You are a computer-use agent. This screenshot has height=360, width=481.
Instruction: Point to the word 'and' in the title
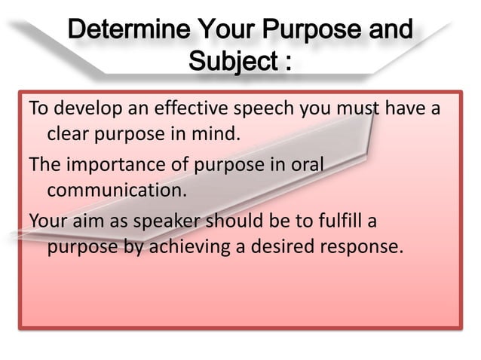tap(388, 32)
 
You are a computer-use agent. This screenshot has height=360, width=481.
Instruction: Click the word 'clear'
tap(66, 136)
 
